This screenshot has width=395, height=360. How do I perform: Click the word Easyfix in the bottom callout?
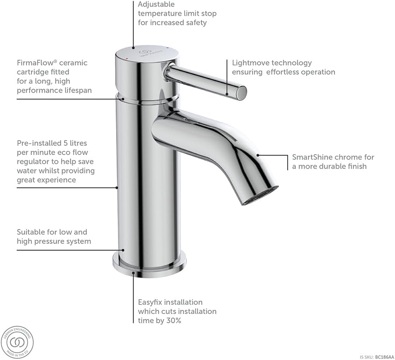click(x=151, y=302)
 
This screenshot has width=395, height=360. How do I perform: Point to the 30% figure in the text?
click(x=173, y=320)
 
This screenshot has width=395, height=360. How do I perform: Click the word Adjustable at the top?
click(x=156, y=4)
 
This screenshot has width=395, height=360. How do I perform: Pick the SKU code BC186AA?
click(x=385, y=357)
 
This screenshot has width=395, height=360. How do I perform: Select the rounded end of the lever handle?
click(x=241, y=92)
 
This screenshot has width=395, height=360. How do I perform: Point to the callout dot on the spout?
click(x=258, y=155)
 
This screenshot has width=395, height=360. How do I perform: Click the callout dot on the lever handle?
click(x=227, y=93)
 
